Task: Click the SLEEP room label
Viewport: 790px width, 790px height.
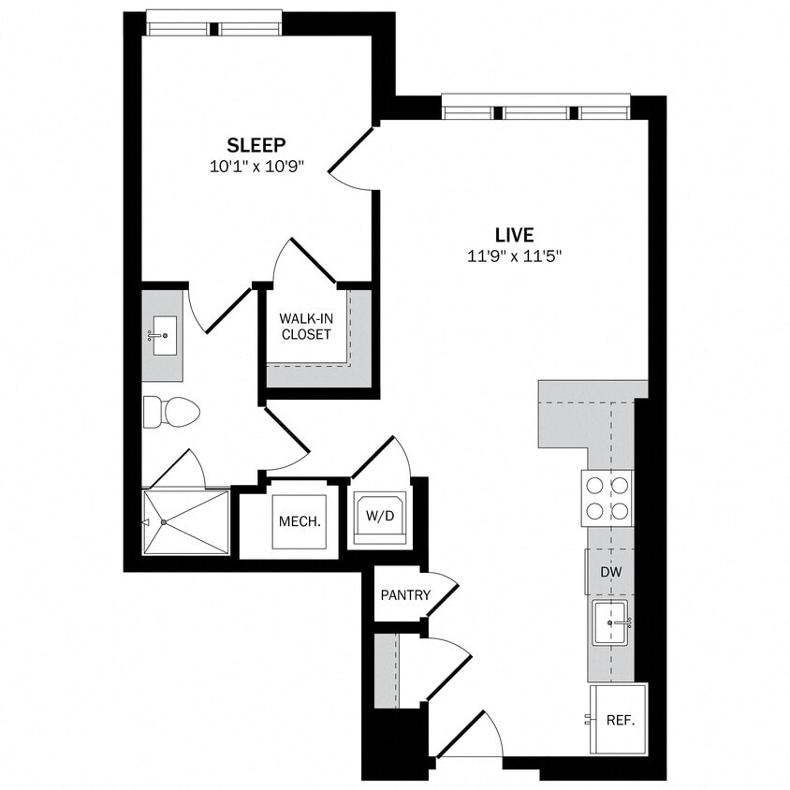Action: [256, 145]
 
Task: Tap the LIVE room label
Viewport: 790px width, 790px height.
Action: [514, 234]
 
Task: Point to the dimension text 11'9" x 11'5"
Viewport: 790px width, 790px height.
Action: [514, 256]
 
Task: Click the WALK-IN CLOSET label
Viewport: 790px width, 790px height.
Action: [305, 326]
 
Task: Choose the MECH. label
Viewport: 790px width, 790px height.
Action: [300, 520]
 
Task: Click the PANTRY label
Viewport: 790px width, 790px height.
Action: [405, 594]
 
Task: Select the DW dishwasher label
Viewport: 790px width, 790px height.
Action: [610, 572]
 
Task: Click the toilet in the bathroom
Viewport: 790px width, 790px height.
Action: [172, 411]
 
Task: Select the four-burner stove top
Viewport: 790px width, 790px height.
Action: [607, 497]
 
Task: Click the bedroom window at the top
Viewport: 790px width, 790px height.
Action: [214, 25]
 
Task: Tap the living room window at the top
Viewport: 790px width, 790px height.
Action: [535, 110]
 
